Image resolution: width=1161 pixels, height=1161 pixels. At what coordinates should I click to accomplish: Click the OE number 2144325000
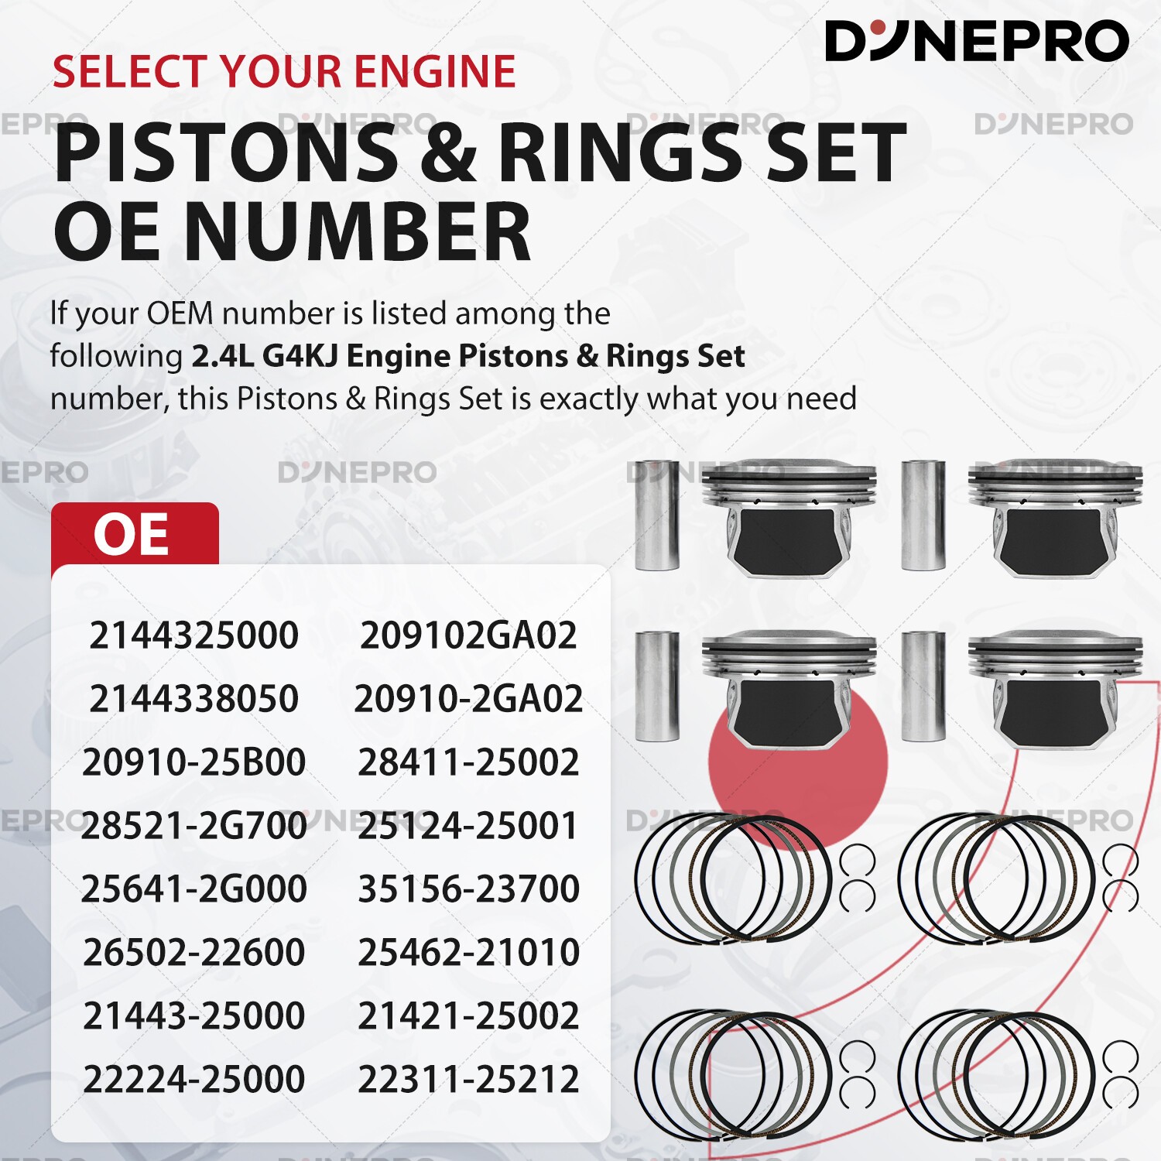[x=193, y=635]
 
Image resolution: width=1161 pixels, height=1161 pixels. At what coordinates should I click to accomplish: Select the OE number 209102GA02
[x=468, y=635]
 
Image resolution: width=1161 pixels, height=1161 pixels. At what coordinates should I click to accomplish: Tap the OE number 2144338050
[x=193, y=699]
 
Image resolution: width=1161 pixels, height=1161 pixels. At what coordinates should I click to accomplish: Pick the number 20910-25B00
[x=193, y=762]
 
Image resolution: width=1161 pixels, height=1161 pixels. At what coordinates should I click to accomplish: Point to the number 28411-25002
[x=468, y=762]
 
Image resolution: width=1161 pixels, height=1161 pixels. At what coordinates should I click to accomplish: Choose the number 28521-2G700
[x=193, y=826]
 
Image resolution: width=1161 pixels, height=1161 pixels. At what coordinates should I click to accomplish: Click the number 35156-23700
[x=468, y=889]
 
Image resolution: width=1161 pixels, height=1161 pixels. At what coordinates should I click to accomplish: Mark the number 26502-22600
[x=193, y=952]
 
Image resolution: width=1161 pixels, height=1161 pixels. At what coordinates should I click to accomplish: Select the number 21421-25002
[x=468, y=1015]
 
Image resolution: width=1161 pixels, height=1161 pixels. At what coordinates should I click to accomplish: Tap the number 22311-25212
[x=468, y=1079]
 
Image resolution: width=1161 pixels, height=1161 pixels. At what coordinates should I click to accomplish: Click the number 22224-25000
[x=193, y=1079]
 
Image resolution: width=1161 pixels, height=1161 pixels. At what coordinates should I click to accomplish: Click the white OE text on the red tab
[x=131, y=534]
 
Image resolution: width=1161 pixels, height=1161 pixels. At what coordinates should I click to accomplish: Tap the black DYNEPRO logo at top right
[x=977, y=40]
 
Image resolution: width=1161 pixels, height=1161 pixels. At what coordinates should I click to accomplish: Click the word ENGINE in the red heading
[x=436, y=72]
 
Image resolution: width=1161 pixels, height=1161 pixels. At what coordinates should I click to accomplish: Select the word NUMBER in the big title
[x=357, y=231]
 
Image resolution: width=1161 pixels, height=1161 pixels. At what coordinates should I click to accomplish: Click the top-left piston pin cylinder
[x=657, y=515]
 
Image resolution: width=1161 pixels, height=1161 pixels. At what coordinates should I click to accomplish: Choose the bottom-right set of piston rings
[x=1016, y=1074]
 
